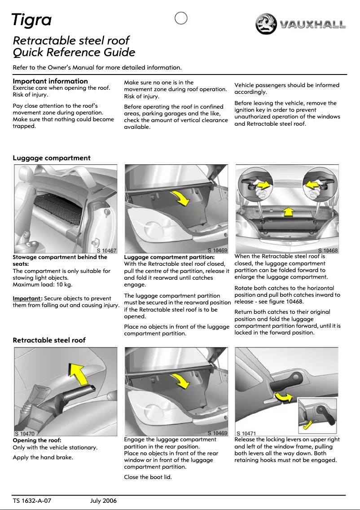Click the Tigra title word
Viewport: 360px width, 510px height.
pos(32,20)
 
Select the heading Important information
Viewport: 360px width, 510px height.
pos(50,81)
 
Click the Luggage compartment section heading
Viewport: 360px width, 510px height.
pos(52,158)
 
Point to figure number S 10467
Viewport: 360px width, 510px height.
pos(106,251)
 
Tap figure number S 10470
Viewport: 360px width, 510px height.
pos(25,434)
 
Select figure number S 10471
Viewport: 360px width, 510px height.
pos(246,433)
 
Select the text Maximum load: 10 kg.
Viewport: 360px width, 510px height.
pos(43,285)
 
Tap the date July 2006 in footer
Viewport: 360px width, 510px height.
pos(103,501)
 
